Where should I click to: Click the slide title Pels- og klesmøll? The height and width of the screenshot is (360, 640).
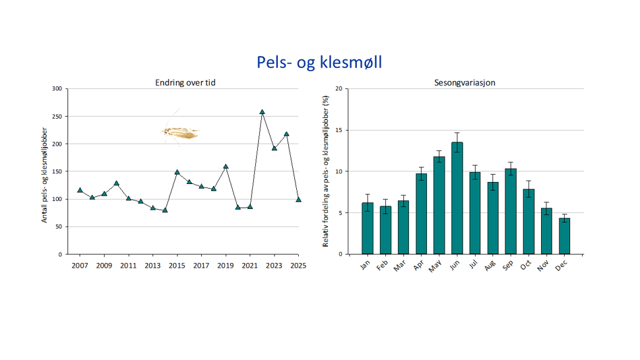(x=319, y=63)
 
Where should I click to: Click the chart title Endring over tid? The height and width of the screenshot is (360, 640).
(x=185, y=82)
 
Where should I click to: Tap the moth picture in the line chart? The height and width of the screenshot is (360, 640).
(x=181, y=132)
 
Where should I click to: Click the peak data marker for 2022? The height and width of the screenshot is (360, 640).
(x=262, y=112)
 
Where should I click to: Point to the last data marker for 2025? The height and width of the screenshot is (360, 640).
(x=298, y=199)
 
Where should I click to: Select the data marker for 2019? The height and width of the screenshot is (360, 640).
(x=226, y=166)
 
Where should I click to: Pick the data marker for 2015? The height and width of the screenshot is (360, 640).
(x=177, y=172)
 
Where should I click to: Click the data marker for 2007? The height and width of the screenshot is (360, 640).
(x=80, y=190)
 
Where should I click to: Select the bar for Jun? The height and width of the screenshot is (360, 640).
(x=457, y=198)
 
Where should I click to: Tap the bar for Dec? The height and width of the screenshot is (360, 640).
(x=564, y=236)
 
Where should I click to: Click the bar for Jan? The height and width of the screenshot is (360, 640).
(x=368, y=228)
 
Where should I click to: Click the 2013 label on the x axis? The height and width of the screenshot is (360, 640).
(x=152, y=266)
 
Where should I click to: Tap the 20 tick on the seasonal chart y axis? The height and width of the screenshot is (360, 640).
(x=339, y=89)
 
